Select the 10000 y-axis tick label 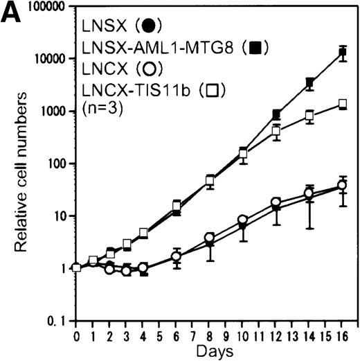[x=44, y=58]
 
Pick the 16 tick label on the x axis [x=343, y=335]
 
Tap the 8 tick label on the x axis [x=210, y=335]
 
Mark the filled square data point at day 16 [x=342, y=53]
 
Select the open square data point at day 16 [x=342, y=104]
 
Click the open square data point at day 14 [x=309, y=115]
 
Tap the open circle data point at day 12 [x=276, y=203]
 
